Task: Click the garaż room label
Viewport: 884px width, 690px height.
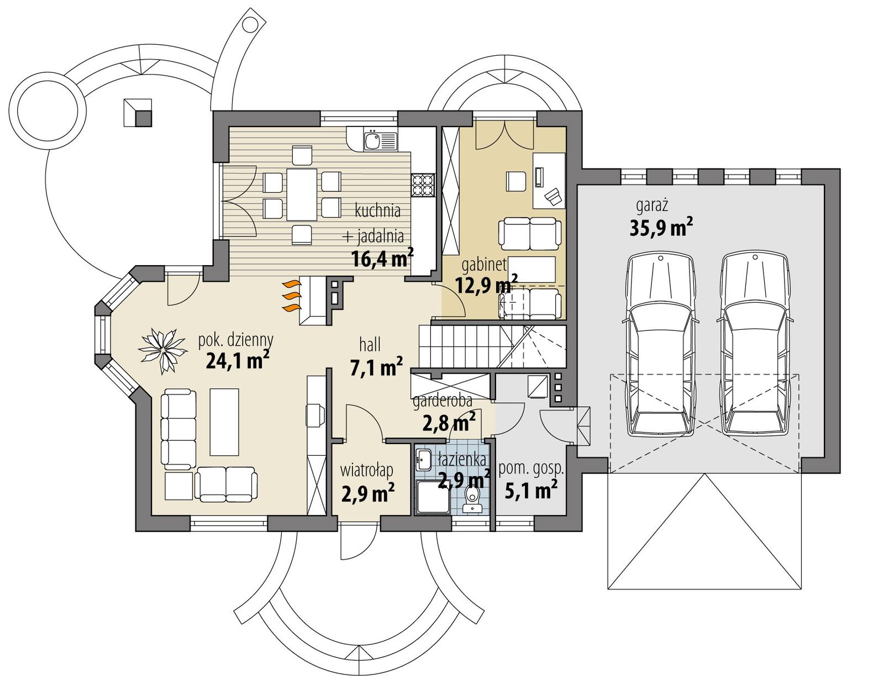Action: point(652,206)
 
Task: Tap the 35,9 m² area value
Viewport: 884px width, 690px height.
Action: point(661,228)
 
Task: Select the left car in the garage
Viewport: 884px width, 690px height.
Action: point(660,344)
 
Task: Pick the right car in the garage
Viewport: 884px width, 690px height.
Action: point(755,344)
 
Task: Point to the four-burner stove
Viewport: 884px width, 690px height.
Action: point(423,184)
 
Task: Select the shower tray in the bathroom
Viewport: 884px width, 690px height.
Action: point(432,497)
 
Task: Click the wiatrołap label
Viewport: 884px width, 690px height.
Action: point(367,471)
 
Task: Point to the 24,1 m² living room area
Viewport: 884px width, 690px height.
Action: point(237,361)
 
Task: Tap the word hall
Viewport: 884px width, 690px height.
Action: point(370,345)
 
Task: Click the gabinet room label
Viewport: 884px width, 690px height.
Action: point(484,265)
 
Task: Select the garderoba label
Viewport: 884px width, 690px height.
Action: point(442,402)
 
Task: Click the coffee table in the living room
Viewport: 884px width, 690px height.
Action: point(224,421)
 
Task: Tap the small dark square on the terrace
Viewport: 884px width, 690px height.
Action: point(144,118)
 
